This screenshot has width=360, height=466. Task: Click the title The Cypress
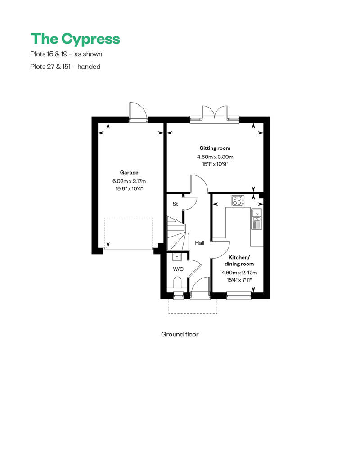click(75, 39)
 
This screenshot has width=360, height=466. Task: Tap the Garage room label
click(129, 172)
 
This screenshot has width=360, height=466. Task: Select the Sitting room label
click(215, 148)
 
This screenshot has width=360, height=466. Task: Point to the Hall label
click(200, 243)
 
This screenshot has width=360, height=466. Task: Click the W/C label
click(178, 269)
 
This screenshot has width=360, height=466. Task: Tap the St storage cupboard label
click(175, 204)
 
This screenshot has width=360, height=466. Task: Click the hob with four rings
click(238, 201)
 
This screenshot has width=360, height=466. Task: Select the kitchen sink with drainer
click(256, 219)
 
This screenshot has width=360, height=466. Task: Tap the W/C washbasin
click(177, 258)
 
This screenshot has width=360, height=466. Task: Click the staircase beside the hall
click(176, 234)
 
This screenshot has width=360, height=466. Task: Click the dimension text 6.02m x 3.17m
click(129, 181)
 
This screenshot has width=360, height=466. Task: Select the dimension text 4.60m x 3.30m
click(215, 157)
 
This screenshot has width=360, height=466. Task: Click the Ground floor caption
click(180, 334)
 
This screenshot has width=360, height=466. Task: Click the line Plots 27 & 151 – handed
click(65, 67)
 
